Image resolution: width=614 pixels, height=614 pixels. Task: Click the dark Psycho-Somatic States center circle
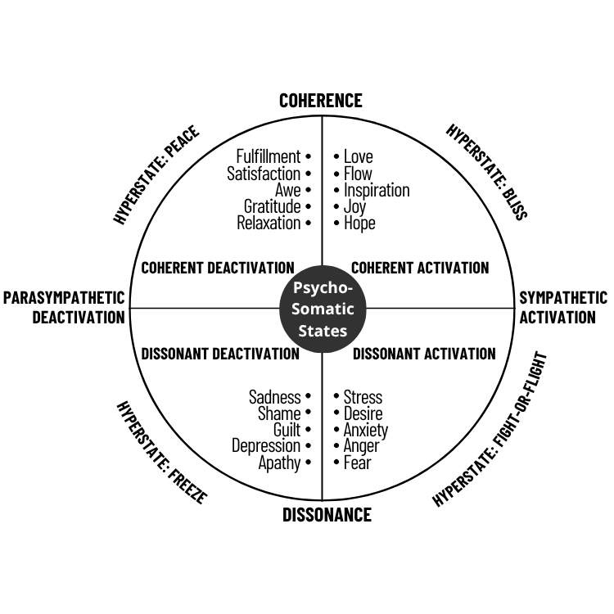(x=322, y=309)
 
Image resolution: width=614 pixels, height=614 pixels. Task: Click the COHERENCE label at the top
(x=320, y=101)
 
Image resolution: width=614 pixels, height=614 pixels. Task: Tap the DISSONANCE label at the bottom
(x=327, y=515)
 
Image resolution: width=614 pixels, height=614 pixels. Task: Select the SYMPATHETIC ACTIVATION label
(x=563, y=307)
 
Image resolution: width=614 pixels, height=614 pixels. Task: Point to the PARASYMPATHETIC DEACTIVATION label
(x=64, y=307)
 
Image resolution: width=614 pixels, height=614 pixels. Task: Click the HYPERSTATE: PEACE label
(x=156, y=176)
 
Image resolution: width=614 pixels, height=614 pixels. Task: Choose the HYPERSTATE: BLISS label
(x=487, y=172)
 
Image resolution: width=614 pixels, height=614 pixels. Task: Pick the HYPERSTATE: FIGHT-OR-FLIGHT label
(x=490, y=431)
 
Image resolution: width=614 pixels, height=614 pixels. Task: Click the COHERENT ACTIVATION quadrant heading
(x=420, y=268)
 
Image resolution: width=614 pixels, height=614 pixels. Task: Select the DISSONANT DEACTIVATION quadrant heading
(x=220, y=354)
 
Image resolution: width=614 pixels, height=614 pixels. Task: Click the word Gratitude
(x=272, y=206)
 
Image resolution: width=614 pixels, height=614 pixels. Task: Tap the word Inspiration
(x=377, y=190)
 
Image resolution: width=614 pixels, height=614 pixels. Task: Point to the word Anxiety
(x=366, y=430)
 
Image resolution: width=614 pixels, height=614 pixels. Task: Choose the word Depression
(x=266, y=446)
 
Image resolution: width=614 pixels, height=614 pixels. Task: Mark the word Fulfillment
(x=269, y=156)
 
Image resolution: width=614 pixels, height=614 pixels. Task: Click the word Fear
(x=358, y=463)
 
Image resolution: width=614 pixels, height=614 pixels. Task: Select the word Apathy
(x=280, y=463)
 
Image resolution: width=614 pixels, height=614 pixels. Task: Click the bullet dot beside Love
(x=337, y=156)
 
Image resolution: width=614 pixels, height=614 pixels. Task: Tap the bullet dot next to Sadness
(x=308, y=396)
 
